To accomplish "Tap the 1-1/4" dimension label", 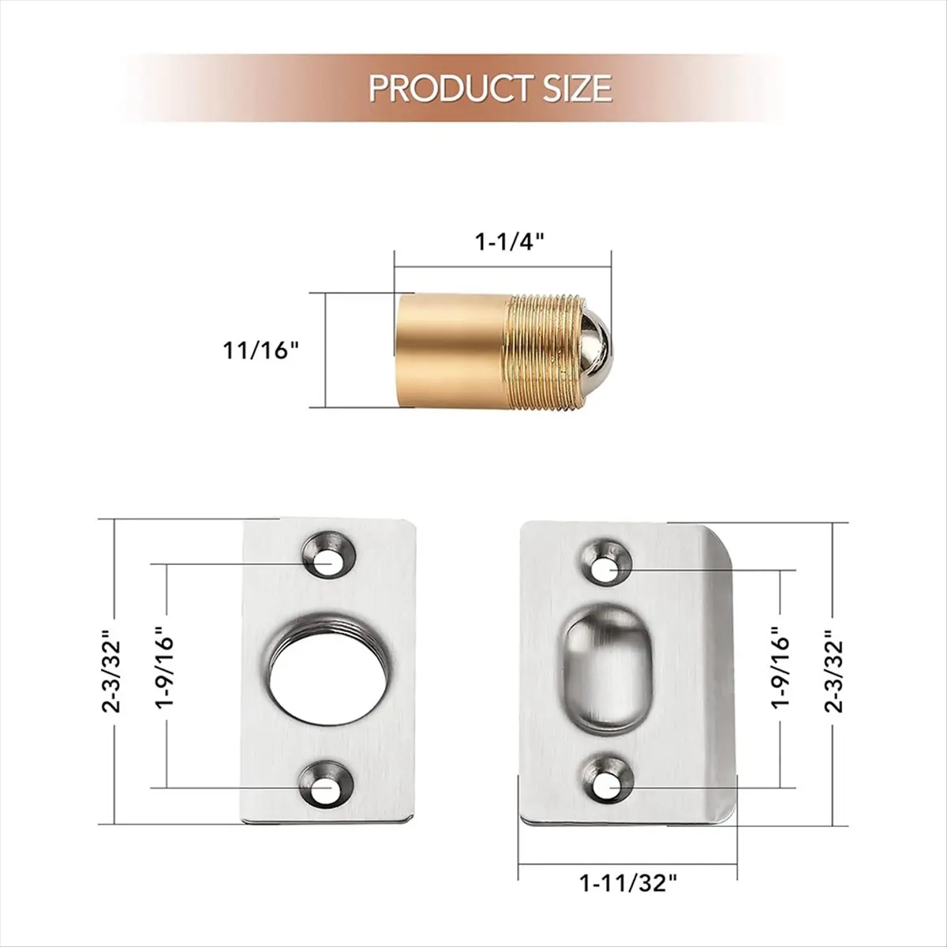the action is [x=511, y=242].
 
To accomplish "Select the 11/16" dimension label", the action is [x=261, y=351].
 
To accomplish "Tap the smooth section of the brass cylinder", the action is [x=451, y=351].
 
